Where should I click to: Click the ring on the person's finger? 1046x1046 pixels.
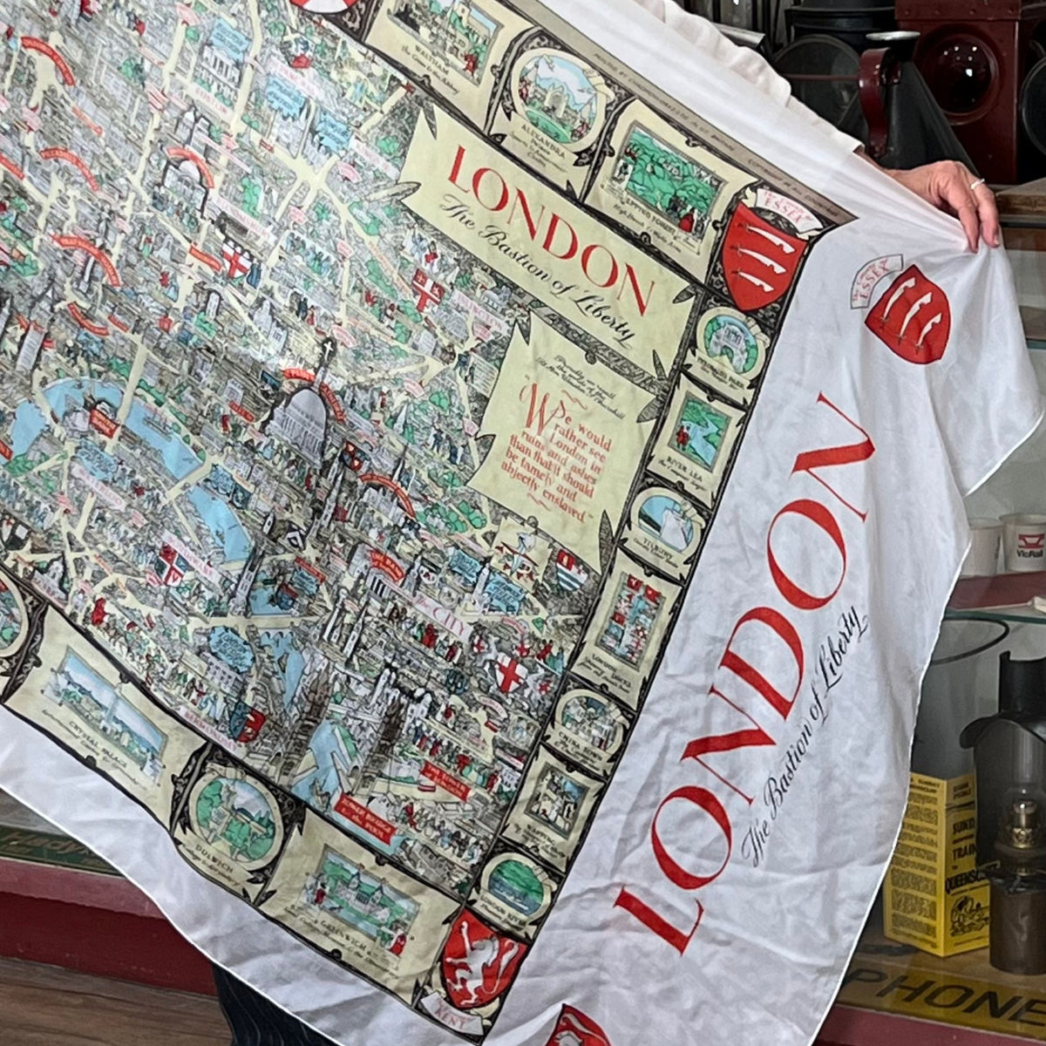point(977,183)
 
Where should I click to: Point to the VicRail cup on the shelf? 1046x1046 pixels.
point(1023,541)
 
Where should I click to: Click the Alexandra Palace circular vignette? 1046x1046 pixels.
point(559,97)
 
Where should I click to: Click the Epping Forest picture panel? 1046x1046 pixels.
point(672,188)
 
